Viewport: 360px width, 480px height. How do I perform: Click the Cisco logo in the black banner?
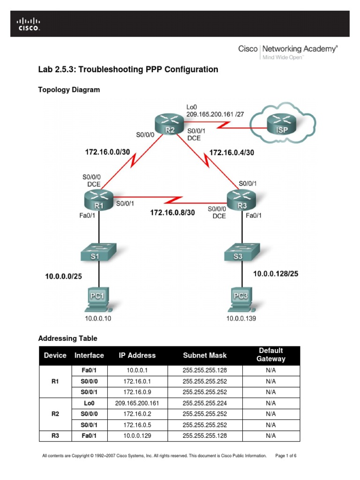[29, 24]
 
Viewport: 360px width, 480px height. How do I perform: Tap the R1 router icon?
[99, 201]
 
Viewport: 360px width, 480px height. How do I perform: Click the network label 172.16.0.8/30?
[172, 212]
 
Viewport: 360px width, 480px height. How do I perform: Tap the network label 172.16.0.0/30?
[107, 152]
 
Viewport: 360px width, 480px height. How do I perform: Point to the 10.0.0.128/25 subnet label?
[276, 273]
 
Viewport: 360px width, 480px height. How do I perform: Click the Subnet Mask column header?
[204, 355]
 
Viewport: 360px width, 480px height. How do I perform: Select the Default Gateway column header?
[270, 355]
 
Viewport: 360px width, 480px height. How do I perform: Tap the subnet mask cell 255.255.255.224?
[204, 403]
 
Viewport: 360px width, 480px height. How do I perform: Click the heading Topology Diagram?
[68, 90]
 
